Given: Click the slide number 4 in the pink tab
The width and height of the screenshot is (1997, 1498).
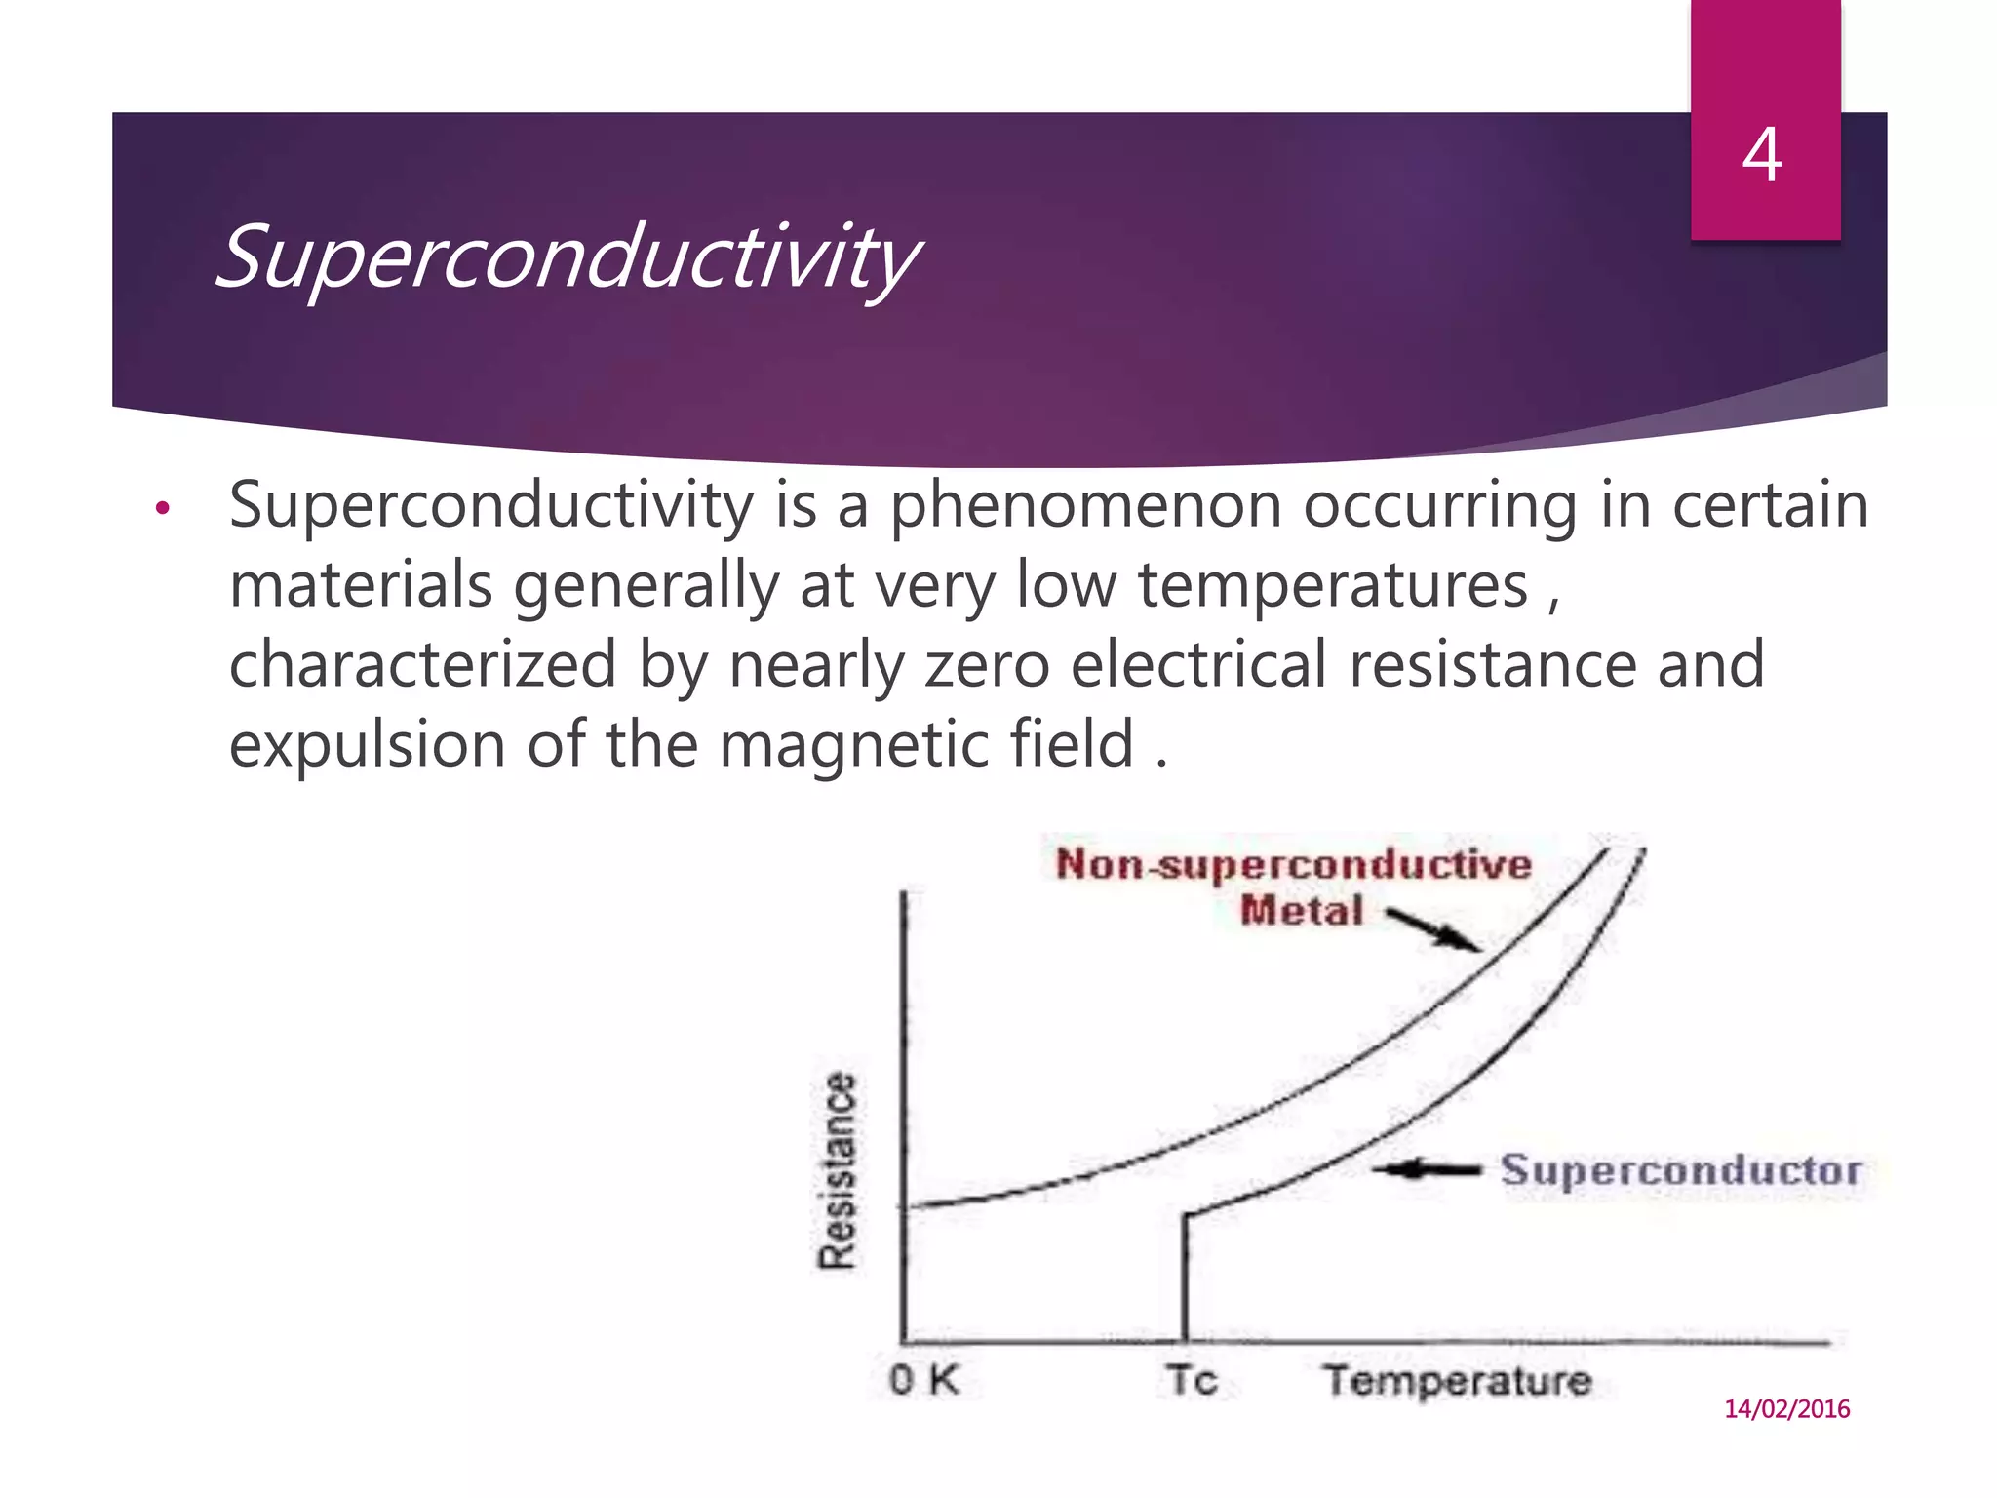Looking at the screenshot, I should [x=1762, y=155].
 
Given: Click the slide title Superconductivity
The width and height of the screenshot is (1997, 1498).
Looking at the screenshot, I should [x=566, y=256].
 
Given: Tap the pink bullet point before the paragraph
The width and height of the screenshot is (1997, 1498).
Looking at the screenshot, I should [x=163, y=508].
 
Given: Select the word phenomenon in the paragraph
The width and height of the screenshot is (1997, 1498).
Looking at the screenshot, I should [x=1085, y=506].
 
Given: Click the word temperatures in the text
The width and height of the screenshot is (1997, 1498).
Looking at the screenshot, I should [x=1333, y=585].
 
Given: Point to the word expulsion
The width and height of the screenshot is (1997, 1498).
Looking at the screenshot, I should [x=367, y=745].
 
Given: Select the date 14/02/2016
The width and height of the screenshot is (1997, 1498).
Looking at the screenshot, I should [x=1786, y=1408].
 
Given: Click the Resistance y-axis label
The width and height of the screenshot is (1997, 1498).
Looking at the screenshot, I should [x=837, y=1169].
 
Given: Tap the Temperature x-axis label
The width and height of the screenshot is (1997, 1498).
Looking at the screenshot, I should [x=1457, y=1381].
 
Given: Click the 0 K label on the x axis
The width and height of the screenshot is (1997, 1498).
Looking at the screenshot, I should [x=924, y=1380].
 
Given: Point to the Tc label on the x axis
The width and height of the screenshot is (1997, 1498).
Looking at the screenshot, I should [x=1192, y=1380].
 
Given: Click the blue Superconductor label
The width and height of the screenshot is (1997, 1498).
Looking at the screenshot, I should [x=1680, y=1169].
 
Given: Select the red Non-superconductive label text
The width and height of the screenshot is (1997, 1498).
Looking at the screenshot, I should [x=1293, y=864].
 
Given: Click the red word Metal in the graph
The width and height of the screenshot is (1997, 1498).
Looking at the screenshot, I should [x=1301, y=911].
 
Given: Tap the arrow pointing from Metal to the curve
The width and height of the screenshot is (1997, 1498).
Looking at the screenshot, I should [x=1432, y=929].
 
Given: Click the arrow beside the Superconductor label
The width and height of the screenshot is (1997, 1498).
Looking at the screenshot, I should [x=1429, y=1168].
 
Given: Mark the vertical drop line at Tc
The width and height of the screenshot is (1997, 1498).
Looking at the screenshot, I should [x=1184, y=1278].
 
